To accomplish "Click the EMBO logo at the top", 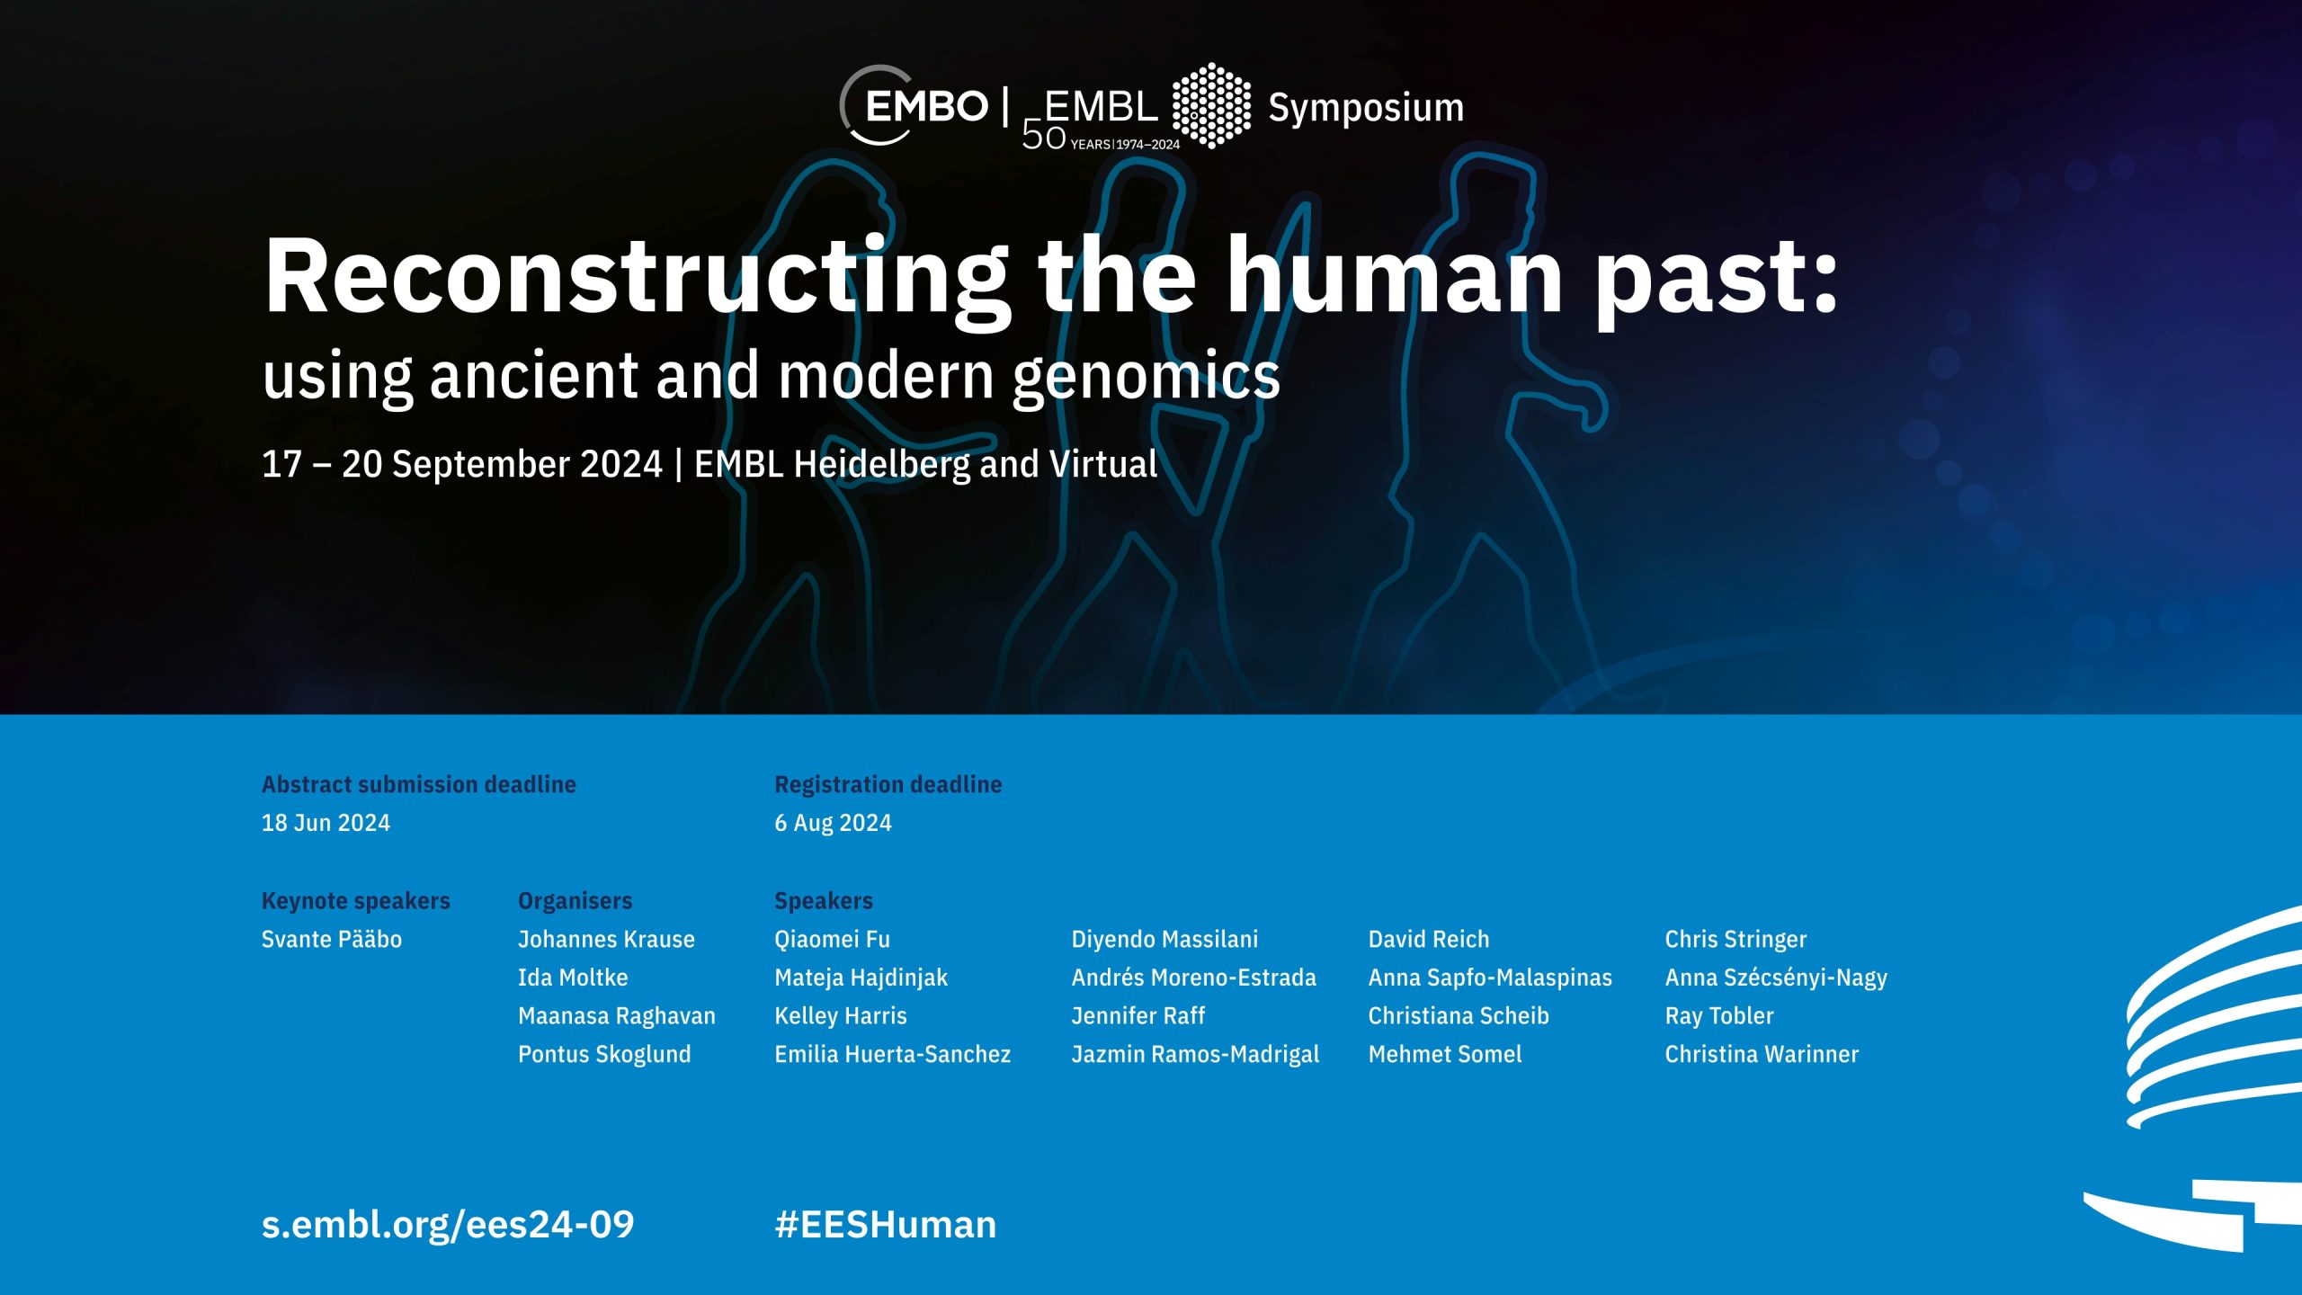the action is (x=914, y=106).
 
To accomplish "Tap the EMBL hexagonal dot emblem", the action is (x=1211, y=105).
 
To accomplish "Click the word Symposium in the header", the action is (x=1366, y=108).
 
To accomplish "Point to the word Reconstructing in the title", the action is (x=636, y=279).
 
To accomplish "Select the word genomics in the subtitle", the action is (x=1147, y=377).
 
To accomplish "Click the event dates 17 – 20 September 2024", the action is (x=461, y=465).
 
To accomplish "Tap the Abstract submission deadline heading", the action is (x=419, y=784).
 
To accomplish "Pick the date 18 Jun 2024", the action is (x=326, y=823).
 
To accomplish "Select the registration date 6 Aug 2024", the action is (x=833, y=823).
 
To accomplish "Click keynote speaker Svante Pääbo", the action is (x=332, y=939).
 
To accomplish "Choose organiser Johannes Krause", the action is (x=606, y=939).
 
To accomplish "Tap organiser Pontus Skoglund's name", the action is (x=604, y=1054).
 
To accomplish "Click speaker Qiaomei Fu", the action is (x=832, y=939).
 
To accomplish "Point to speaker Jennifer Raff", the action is (x=1138, y=1015).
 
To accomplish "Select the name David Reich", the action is (x=1429, y=939).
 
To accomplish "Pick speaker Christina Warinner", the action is (x=1762, y=1054).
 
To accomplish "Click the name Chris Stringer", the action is (x=1735, y=939).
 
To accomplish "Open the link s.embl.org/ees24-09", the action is (x=448, y=1225).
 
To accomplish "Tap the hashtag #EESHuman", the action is (x=886, y=1225).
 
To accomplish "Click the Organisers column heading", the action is (x=575, y=901).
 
